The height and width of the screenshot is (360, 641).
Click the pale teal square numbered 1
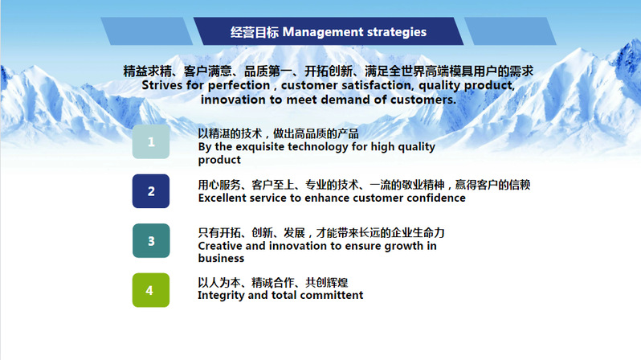[151, 141]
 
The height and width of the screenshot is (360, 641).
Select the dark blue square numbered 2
[151, 191]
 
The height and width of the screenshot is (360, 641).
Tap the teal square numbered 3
[151, 240]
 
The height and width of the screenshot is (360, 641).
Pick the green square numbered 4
[151, 290]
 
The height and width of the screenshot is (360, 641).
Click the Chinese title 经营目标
[255, 32]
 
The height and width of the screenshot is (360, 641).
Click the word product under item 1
[219, 160]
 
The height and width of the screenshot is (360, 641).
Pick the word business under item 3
[221, 259]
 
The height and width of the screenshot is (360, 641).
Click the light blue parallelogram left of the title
[147, 31]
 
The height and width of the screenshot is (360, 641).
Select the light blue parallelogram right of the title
[510, 31]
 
